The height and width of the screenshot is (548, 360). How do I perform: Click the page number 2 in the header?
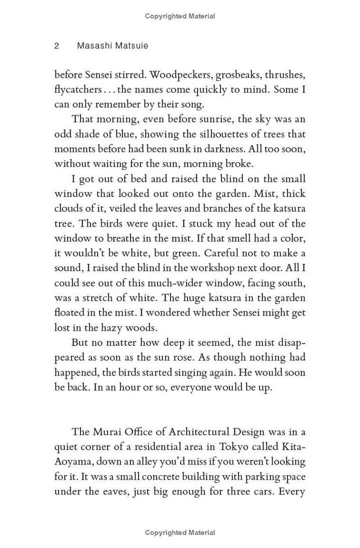click(57, 46)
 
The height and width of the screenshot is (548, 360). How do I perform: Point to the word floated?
click(69, 313)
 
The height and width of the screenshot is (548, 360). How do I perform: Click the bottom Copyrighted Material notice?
click(180, 533)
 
